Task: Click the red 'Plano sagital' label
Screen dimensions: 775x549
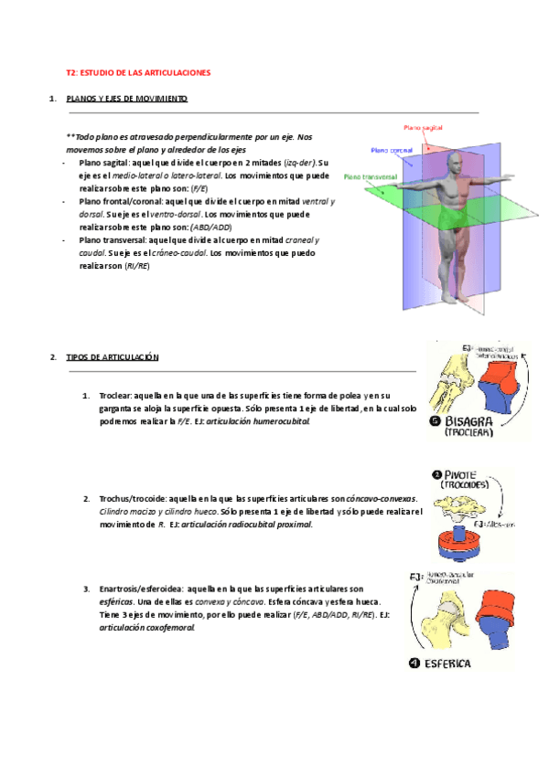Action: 425,128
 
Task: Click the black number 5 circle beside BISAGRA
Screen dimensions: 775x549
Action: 436,421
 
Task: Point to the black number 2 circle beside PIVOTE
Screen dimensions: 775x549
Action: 436,473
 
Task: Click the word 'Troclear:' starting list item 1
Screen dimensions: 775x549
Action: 115,396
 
